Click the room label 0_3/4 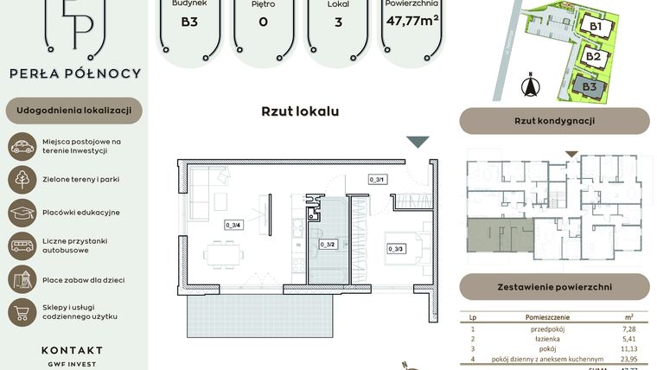(x=233, y=225)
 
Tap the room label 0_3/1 (x=377, y=180)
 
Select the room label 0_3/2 (x=327, y=245)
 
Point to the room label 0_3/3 (x=396, y=250)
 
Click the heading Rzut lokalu (x=300, y=112)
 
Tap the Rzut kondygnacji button (x=554, y=121)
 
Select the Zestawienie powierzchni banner (x=554, y=286)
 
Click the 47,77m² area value (x=413, y=21)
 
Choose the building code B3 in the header (x=188, y=22)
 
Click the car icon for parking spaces (x=22, y=146)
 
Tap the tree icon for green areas (x=22, y=180)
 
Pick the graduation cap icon (x=22, y=213)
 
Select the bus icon (x=22, y=246)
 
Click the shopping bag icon (x=22, y=312)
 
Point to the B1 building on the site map (x=596, y=25)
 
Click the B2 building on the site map (x=593, y=57)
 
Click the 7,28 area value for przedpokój (x=628, y=329)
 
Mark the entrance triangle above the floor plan (x=418, y=143)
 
